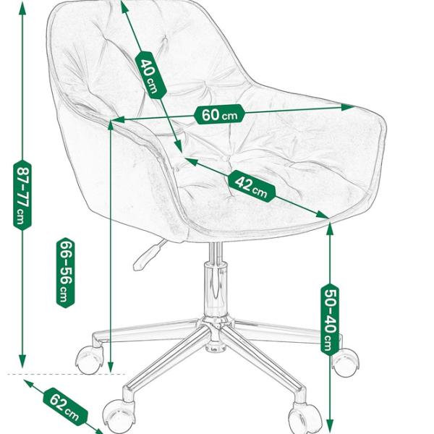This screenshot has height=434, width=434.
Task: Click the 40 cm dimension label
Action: pyautogui.click(x=150, y=75)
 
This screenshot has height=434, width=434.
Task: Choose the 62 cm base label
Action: pyautogui.click(x=64, y=406)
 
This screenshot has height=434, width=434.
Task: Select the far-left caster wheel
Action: pyautogui.click(x=89, y=359)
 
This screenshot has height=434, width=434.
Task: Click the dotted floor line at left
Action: pyautogui.click(x=65, y=375)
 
